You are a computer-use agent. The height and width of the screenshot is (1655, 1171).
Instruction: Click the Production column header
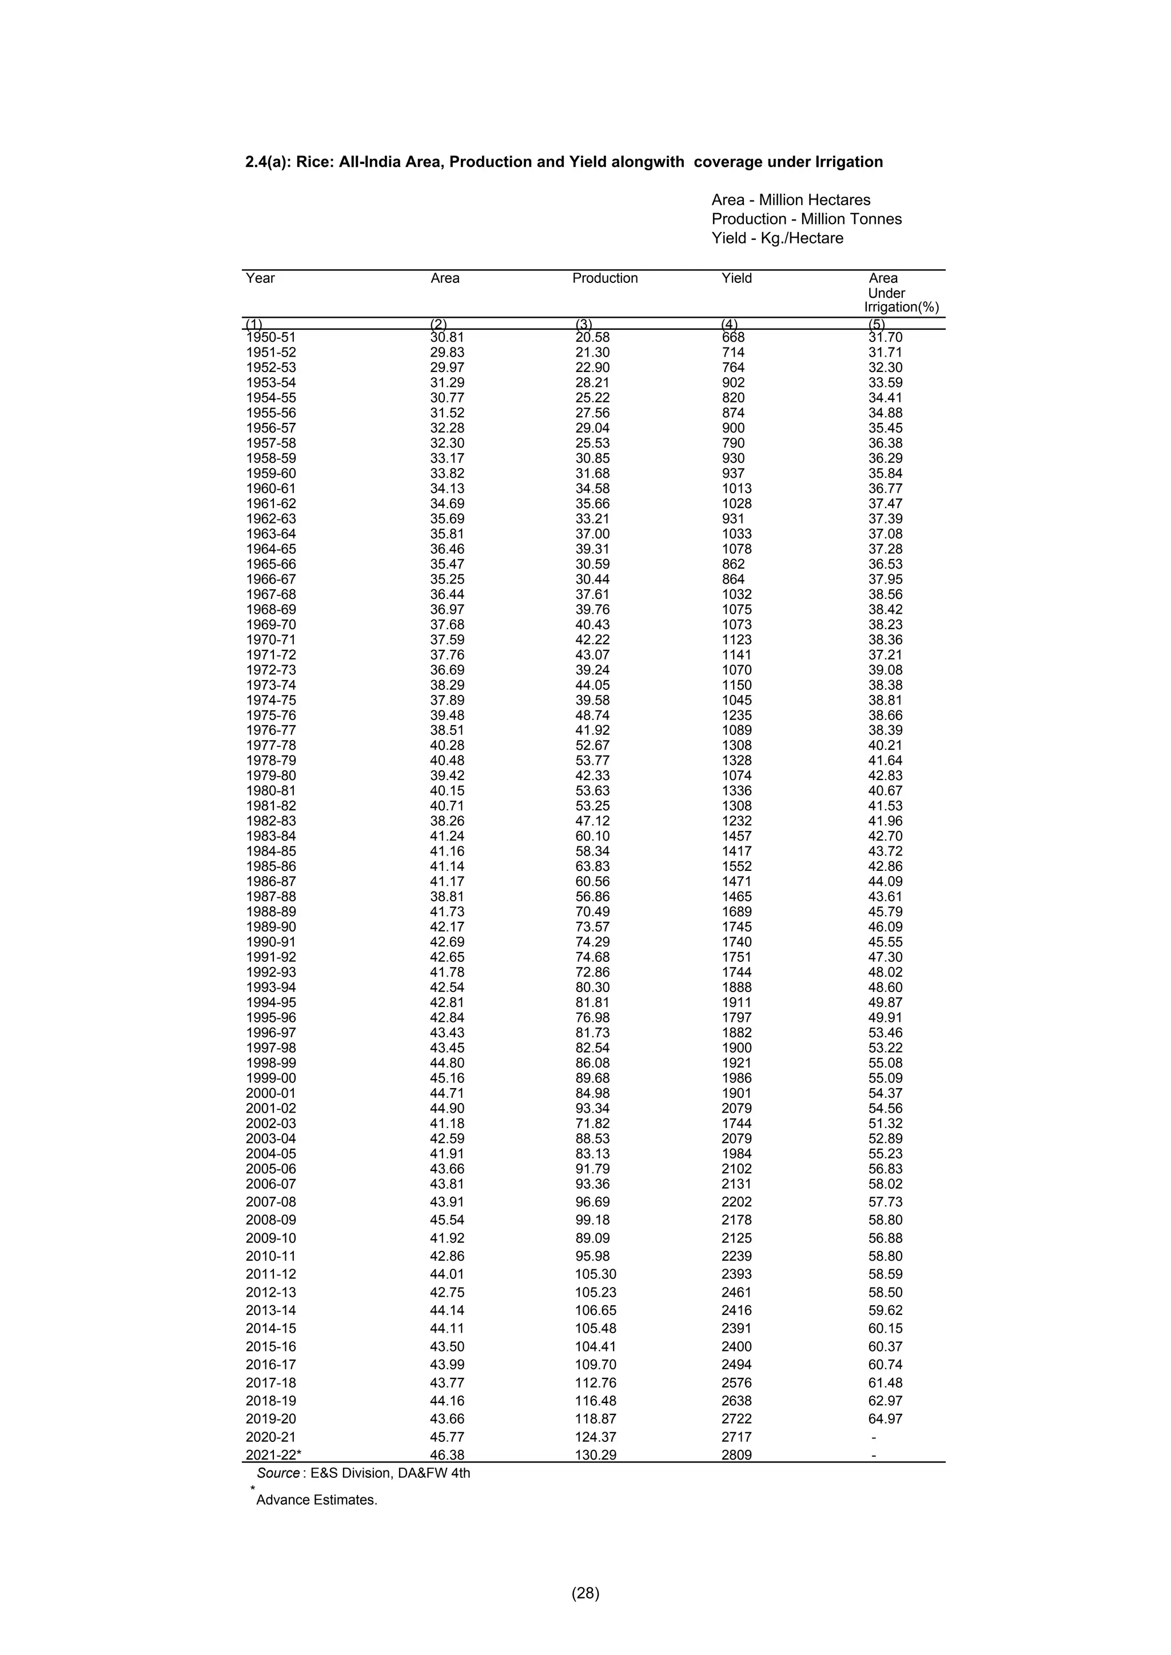pos(604,278)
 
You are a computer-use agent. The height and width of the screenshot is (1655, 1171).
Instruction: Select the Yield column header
pos(736,278)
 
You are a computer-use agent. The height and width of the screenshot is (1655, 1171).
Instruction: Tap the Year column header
pos(260,278)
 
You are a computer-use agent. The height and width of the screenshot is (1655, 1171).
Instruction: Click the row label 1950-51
pos(270,337)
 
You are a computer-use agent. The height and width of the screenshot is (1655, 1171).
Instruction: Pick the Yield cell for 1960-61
pos(736,489)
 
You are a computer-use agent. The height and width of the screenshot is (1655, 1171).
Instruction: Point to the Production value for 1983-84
pos(592,836)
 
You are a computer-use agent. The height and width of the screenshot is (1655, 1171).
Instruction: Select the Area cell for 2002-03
pos(447,1124)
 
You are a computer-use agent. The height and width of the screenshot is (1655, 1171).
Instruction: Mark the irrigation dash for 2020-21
pos(874,1437)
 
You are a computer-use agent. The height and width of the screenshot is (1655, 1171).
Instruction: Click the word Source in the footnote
pos(278,1473)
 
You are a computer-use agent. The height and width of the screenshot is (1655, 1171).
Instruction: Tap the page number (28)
pos(585,1593)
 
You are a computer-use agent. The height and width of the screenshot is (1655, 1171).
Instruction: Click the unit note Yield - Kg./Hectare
pos(776,238)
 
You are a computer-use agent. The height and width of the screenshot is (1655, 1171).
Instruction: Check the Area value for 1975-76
pos(447,715)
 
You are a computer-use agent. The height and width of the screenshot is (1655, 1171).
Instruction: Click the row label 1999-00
pos(270,1078)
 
